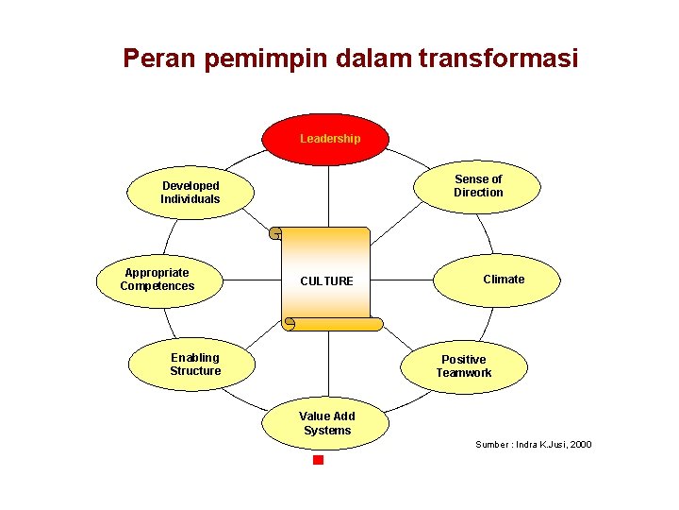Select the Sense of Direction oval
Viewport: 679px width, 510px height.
point(477,185)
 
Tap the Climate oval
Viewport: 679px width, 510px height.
point(504,280)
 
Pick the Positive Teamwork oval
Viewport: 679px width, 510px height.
point(463,366)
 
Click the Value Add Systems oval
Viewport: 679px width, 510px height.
point(326,424)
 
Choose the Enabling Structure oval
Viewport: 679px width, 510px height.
point(194,365)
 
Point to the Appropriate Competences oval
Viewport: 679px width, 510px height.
point(157,280)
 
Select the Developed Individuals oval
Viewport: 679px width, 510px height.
point(190,193)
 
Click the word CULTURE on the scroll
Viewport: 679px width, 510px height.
point(326,281)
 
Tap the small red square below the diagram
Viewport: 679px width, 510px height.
point(318,460)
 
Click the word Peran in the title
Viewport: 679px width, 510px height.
point(156,59)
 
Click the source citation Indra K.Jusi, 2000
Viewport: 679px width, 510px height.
point(534,444)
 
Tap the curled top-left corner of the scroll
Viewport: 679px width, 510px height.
point(276,232)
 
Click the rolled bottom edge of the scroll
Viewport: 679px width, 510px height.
point(335,324)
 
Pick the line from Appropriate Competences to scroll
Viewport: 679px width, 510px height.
point(251,280)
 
